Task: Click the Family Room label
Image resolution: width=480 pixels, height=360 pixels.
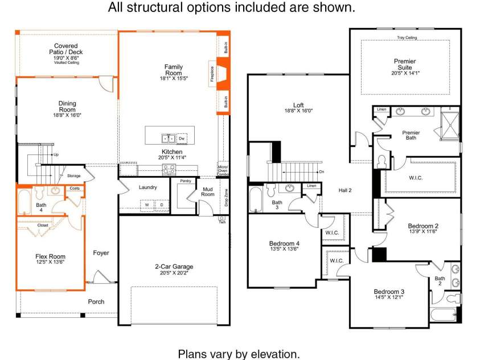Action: [x=174, y=70]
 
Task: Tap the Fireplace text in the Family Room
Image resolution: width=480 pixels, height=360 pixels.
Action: [x=212, y=74]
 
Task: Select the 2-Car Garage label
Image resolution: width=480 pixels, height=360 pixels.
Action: [x=174, y=267]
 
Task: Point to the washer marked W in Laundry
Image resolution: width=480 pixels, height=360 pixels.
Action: [x=147, y=205]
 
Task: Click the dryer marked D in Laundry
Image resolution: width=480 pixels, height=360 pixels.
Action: [x=162, y=205]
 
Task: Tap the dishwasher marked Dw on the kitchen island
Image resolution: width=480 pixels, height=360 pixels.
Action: [x=182, y=138]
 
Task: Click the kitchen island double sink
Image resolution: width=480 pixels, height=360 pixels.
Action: [x=168, y=138]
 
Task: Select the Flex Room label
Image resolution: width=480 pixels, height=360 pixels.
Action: [x=50, y=256]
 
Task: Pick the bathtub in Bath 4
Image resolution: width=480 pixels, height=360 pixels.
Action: [x=24, y=202]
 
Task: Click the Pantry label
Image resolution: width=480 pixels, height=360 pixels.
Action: [x=186, y=181]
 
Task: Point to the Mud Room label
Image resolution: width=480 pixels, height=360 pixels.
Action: [x=208, y=191]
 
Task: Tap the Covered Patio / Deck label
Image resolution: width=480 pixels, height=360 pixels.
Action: [x=66, y=49]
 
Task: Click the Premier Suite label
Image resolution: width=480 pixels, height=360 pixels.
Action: [x=405, y=64]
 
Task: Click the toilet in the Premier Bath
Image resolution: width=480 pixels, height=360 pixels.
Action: [x=381, y=162]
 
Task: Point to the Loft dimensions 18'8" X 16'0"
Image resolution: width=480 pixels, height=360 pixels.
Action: [x=298, y=111]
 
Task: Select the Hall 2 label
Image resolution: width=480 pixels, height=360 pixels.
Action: [x=345, y=190]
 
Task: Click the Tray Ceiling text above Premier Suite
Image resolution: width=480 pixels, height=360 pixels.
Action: [x=407, y=38]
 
